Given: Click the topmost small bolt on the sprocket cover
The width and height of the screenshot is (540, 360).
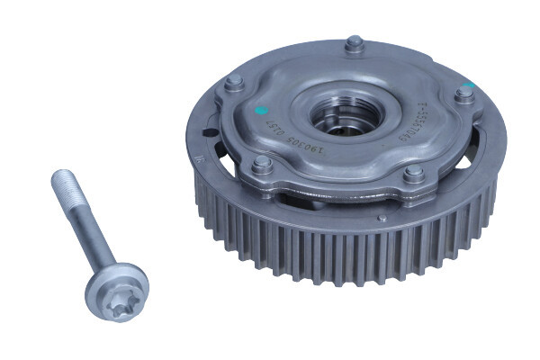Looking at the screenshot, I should tap(354, 42).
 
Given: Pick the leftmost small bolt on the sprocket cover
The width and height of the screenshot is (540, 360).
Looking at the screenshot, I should tap(234, 83).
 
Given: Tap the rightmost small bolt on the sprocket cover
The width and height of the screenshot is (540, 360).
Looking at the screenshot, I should tap(463, 93).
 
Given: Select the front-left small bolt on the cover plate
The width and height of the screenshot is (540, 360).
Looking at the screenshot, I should tap(262, 164).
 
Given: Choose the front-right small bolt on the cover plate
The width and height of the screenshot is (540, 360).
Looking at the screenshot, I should tap(413, 174).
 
